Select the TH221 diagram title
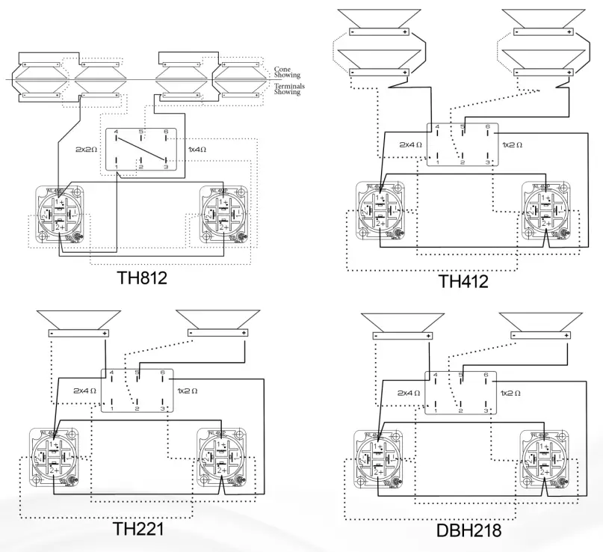tap(138, 529)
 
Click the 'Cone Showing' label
tap(287, 73)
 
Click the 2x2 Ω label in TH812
tap(87, 150)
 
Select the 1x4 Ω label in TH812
tap(197, 150)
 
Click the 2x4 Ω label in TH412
tap(410, 144)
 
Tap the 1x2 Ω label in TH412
tap(512, 144)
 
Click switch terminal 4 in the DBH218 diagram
tap(436, 375)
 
